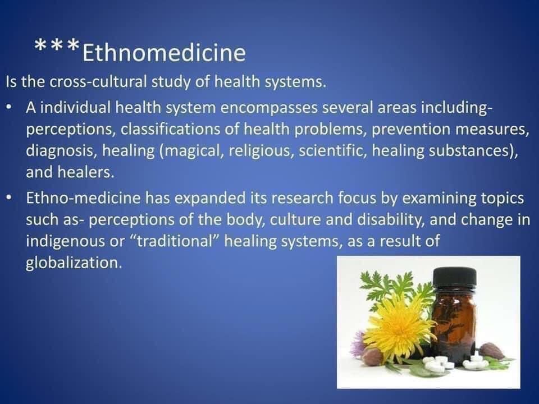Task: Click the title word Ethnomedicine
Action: point(164,53)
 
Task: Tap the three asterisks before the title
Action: point(57,45)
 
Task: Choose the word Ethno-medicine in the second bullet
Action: point(83,198)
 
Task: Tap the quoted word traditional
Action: point(176,241)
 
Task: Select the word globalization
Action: point(74,263)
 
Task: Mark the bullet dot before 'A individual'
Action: point(10,108)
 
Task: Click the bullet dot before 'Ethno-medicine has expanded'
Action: point(10,198)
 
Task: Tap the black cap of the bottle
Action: point(455,277)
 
